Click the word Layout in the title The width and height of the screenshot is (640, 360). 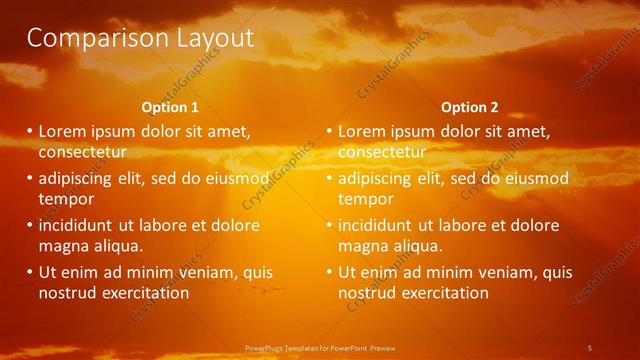click(x=210, y=39)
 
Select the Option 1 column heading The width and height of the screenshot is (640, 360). click(x=170, y=107)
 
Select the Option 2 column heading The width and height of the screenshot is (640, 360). click(x=469, y=107)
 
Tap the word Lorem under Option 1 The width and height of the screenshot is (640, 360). click(x=64, y=131)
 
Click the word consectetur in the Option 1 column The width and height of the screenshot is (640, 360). click(x=82, y=152)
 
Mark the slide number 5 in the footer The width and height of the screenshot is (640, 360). click(x=590, y=348)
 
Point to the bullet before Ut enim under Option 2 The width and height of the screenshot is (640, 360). click(x=329, y=272)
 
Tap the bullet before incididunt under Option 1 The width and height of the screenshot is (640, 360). click(x=29, y=225)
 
